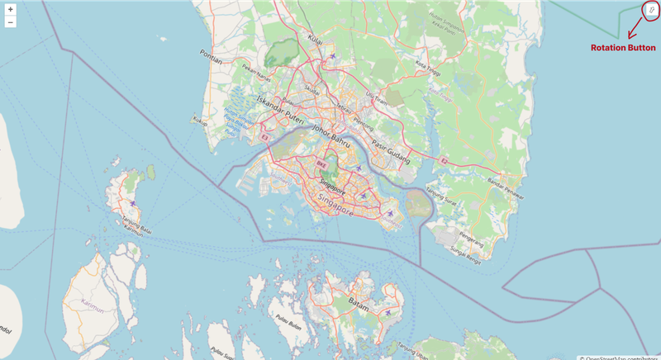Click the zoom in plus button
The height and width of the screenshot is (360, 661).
tap(10, 9)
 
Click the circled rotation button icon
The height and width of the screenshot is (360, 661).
tap(651, 10)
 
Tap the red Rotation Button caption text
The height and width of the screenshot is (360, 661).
tap(623, 48)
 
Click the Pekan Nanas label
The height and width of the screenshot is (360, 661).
tap(249, 77)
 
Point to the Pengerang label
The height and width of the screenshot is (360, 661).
tap(470, 236)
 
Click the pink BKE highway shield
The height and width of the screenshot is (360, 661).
tap(315, 165)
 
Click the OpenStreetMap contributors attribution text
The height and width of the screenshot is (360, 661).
tap(619, 357)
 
